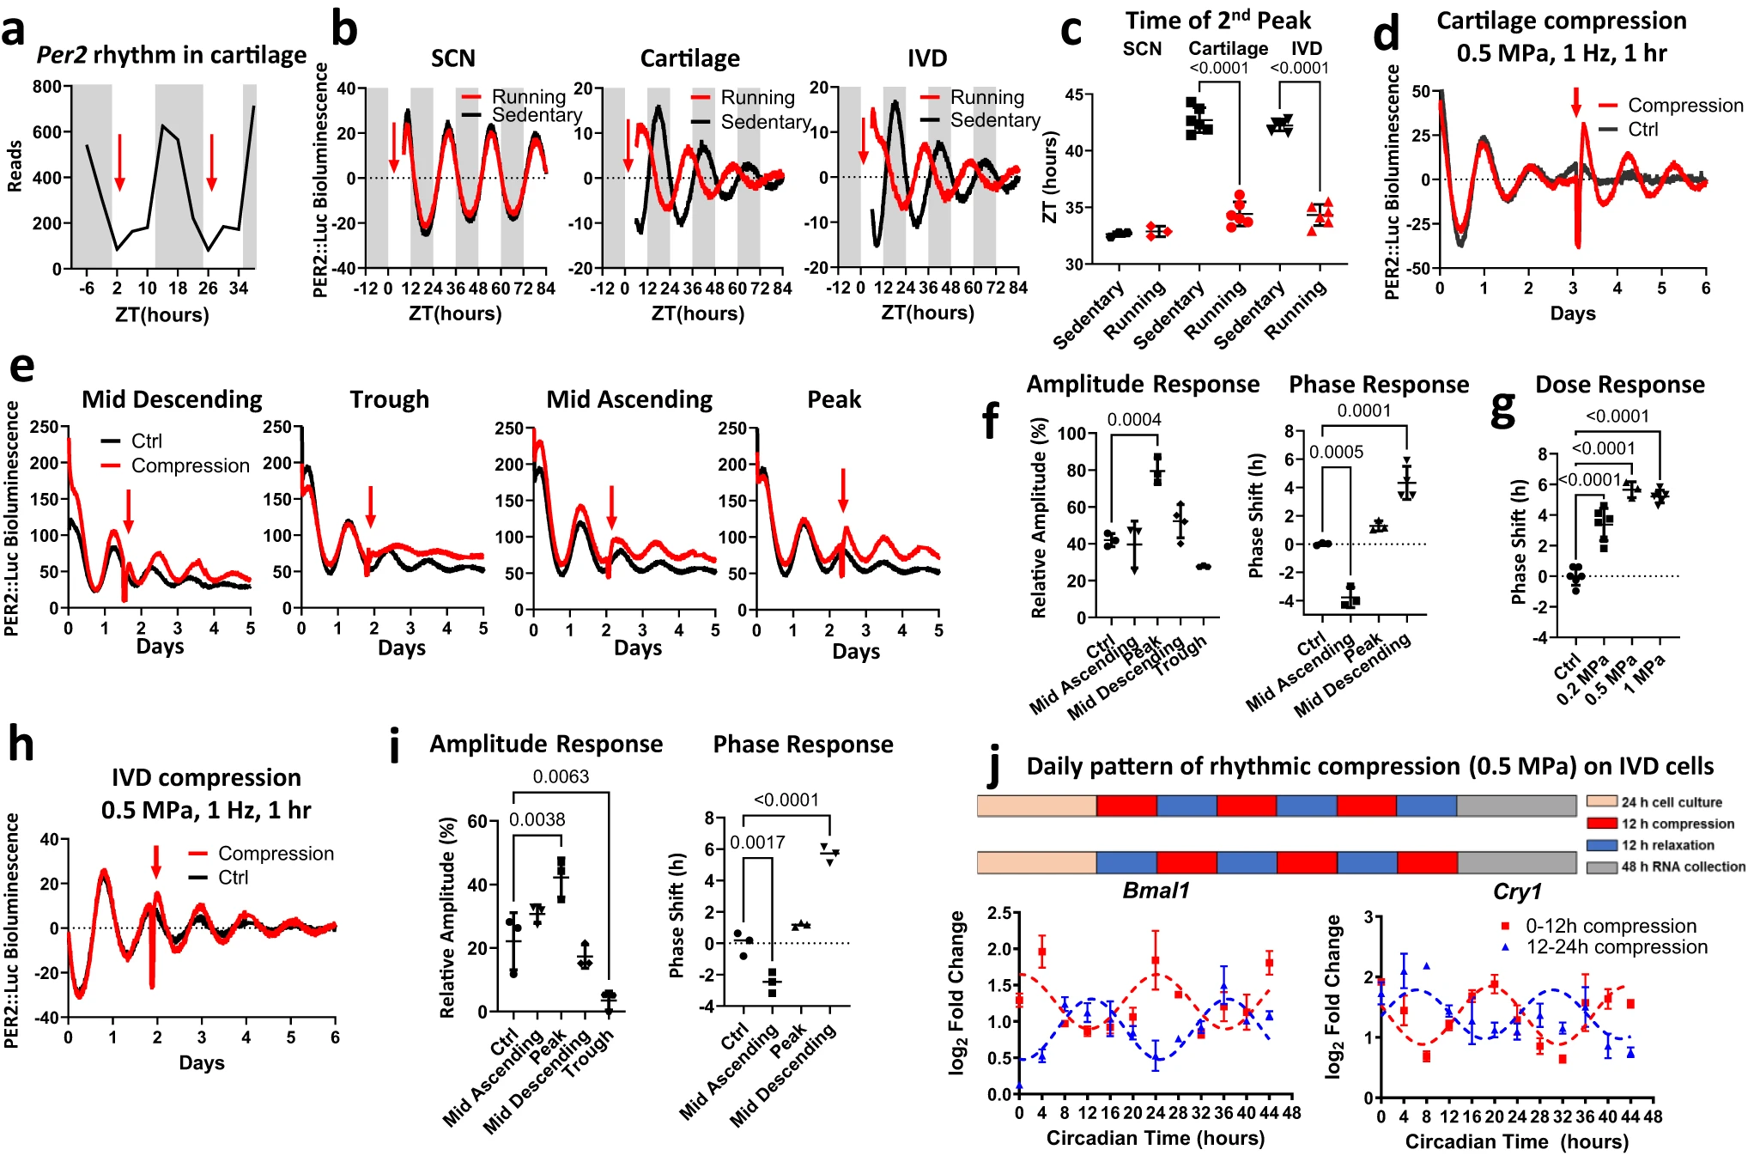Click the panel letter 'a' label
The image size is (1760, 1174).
click(15, 32)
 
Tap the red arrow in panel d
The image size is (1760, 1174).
click(1575, 101)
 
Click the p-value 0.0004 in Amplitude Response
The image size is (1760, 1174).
click(1133, 419)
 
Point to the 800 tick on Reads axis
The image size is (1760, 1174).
click(47, 87)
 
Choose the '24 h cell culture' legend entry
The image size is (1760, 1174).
click(1671, 802)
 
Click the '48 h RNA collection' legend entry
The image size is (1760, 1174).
click(1682, 867)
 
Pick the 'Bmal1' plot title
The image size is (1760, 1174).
click(1156, 891)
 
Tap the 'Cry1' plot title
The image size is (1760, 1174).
click(1517, 891)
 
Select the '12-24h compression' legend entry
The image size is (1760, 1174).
click(1616, 946)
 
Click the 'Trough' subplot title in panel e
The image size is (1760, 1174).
click(389, 399)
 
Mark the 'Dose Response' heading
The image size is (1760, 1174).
click(1619, 384)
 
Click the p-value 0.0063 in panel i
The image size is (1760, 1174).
click(561, 776)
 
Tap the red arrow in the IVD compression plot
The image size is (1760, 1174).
click(156, 861)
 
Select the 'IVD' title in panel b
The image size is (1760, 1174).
click(926, 58)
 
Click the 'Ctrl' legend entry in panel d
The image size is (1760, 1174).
click(1642, 129)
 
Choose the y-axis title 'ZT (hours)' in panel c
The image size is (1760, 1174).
click(1049, 177)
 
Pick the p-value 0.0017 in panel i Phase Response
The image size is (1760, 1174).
click(757, 842)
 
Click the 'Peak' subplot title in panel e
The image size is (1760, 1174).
click(834, 399)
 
